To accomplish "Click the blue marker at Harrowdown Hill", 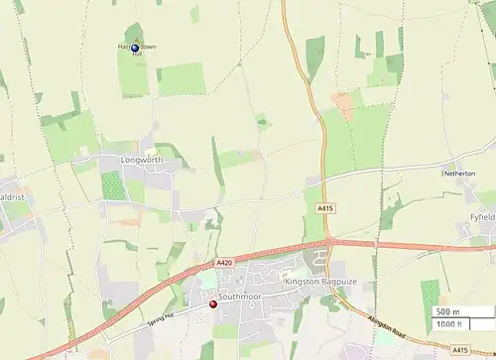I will [x=135, y=48].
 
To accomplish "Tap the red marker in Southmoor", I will [x=212, y=304].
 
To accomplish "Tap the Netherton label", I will [x=459, y=173].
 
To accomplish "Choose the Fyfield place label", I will [x=482, y=215].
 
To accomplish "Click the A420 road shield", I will [x=224, y=263].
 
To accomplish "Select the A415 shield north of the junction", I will [x=325, y=208].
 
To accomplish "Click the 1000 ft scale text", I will [x=449, y=324].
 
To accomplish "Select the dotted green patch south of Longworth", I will [x=114, y=185].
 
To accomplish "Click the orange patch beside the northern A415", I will [x=343, y=101].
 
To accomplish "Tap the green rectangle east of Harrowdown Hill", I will [x=181, y=79].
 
